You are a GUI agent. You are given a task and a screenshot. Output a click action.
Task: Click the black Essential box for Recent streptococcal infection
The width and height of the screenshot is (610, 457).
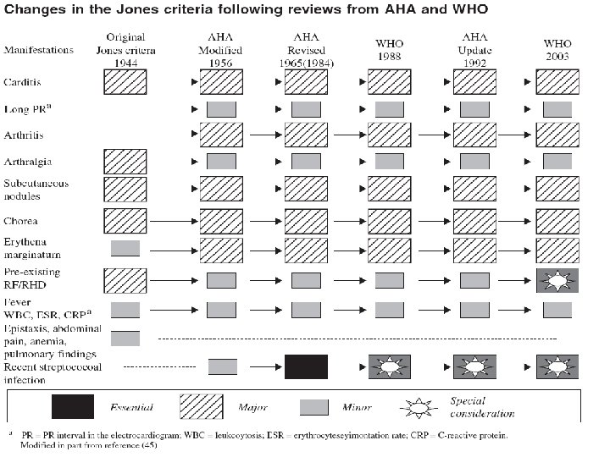click(x=306, y=367)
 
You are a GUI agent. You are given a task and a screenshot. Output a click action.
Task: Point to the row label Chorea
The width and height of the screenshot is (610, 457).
click(x=24, y=220)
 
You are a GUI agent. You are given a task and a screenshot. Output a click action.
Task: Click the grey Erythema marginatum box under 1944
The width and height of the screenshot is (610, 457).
click(x=125, y=248)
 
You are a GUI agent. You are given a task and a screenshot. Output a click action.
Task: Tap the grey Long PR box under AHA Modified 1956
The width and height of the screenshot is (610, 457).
click(x=222, y=109)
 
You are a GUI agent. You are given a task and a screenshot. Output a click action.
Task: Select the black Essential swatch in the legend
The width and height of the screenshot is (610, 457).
click(x=72, y=406)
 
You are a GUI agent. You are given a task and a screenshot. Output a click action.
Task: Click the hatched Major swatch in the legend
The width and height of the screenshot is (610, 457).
click(x=208, y=406)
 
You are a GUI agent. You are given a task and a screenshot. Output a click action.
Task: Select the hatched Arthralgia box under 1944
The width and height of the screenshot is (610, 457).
click(x=125, y=161)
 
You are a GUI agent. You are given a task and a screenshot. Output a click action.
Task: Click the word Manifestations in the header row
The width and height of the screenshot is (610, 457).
click(x=38, y=51)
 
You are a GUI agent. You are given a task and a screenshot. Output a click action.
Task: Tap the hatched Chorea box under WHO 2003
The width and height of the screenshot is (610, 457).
click(x=558, y=220)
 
